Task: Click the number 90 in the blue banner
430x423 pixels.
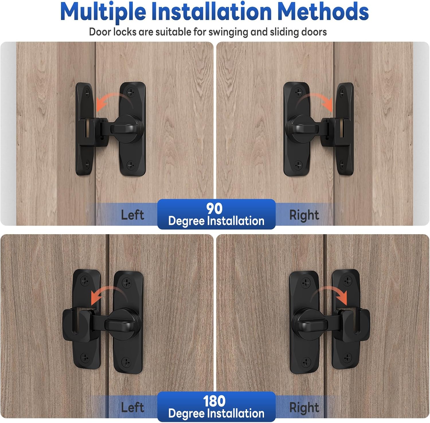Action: click(214, 209)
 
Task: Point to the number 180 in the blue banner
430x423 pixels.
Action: click(214, 401)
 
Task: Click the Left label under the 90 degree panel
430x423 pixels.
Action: click(132, 215)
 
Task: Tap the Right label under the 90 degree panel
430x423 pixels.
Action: click(304, 215)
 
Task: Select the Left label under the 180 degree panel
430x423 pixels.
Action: click(132, 408)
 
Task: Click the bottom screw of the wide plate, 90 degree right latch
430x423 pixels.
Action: click(299, 165)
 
